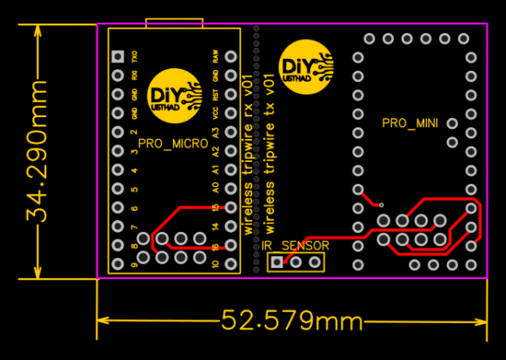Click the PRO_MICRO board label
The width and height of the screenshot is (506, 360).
(x=174, y=144)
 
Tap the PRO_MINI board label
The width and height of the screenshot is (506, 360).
(x=411, y=123)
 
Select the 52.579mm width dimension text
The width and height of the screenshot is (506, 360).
(x=292, y=320)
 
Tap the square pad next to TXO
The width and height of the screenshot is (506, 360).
(x=118, y=56)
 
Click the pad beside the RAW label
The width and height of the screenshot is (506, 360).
(x=231, y=57)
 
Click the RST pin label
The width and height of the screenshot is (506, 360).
(x=216, y=94)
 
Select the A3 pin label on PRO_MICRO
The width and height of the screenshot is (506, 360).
(x=216, y=132)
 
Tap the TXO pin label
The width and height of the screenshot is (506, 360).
(x=135, y=56)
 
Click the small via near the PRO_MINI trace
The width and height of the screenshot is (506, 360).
(x=381, y=205)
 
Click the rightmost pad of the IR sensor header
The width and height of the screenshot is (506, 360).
(x=315, y=262)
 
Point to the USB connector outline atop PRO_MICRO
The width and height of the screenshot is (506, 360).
(x=174, y=21)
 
